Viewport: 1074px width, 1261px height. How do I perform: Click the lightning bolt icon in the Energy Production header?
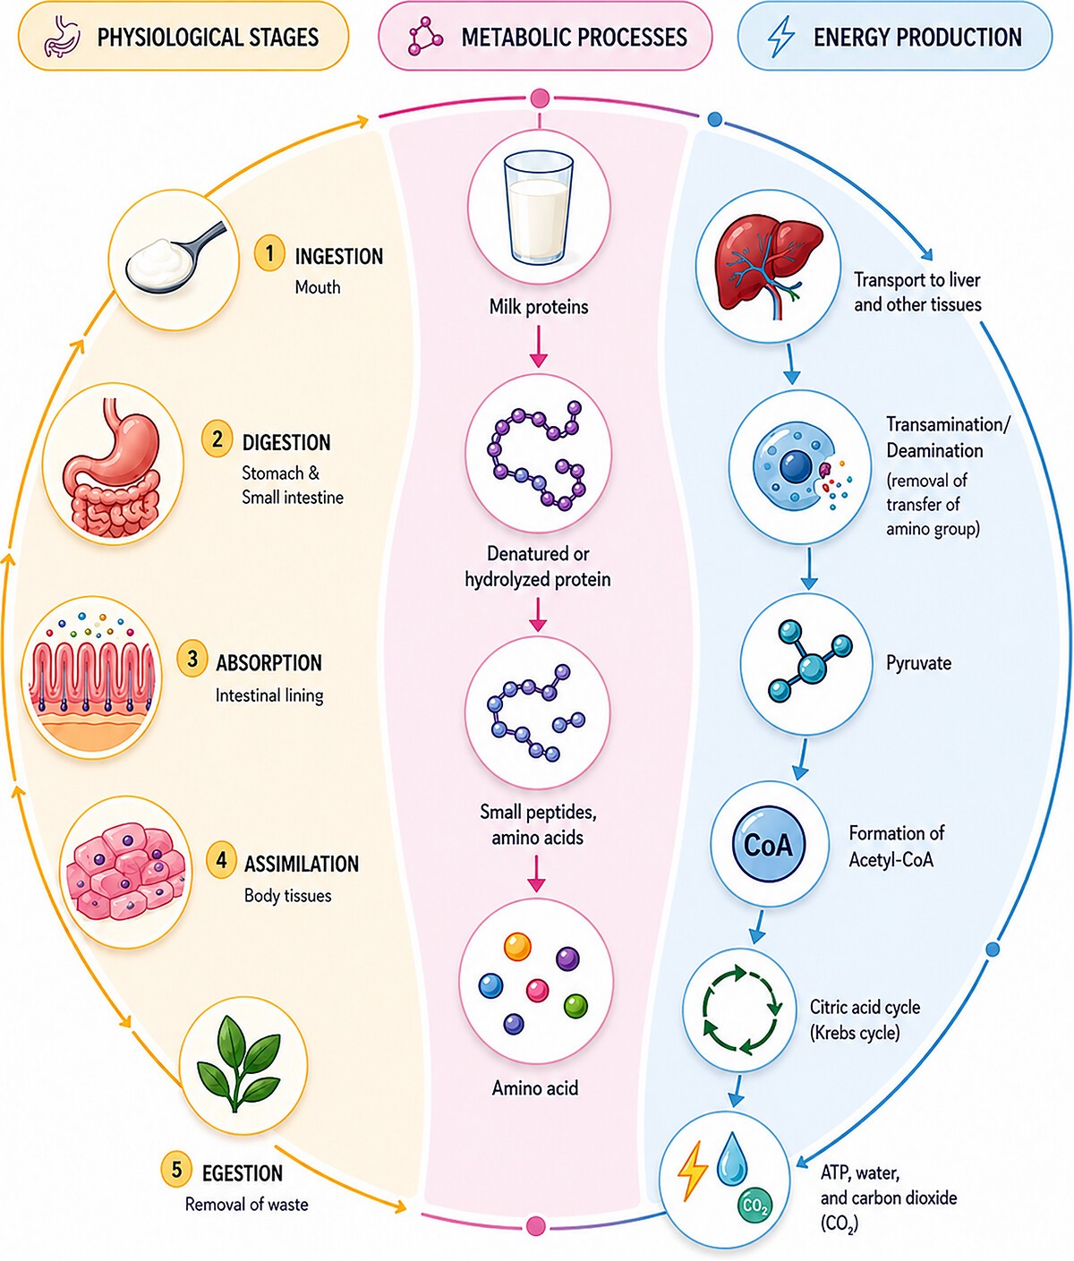tap(781, 36)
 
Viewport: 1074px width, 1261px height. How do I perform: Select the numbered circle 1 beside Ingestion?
tap(269, 252)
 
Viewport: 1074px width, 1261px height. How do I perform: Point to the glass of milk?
tap(539, 209)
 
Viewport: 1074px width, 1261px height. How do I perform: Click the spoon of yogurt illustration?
tap(175, 258)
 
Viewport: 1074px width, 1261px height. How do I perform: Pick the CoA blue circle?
tap(768, 845)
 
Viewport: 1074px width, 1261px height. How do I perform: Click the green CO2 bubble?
tap(754, 1206)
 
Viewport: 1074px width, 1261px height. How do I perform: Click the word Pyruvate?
tap(918, 663)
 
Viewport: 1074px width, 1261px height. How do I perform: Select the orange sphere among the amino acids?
tap(517, 946)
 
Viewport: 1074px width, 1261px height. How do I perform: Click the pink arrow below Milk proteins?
tap(538, 346)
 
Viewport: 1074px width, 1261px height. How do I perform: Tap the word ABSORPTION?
tap(268, 663)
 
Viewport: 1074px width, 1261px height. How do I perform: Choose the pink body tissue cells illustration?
tap(125, 873)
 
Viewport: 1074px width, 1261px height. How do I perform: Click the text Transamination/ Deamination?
tap(948, 438)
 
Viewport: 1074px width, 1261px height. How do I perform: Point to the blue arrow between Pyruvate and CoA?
tap(801, 760)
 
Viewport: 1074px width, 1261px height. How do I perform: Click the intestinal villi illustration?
tap(91, 678)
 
